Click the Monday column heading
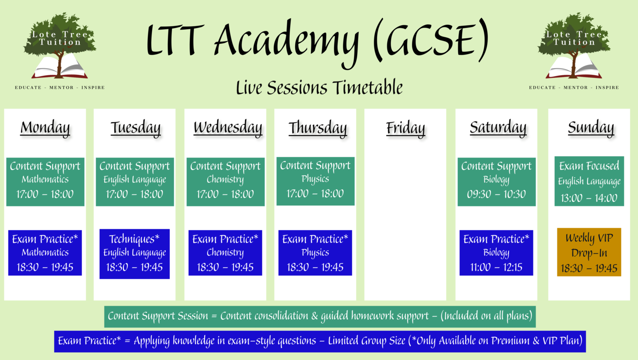pos(45,128)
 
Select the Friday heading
pos(405,128)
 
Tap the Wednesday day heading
pos(228,128)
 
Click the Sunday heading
pos(591,128)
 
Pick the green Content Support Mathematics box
pos(45,182)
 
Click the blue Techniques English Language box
pos(134,254)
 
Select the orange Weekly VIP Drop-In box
pos(589,252)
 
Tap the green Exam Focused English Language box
pos(589,181)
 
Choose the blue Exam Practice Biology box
pos(496,253)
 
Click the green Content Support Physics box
pos(315,181)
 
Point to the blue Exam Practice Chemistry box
pos(225,253)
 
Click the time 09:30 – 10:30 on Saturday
pos(496,194)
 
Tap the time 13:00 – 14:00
pos(589,198)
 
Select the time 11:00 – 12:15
pos(496,267)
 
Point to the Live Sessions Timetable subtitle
pos(319,88)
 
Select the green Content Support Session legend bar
pos(320,317)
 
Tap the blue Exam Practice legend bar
pos(320,341)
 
